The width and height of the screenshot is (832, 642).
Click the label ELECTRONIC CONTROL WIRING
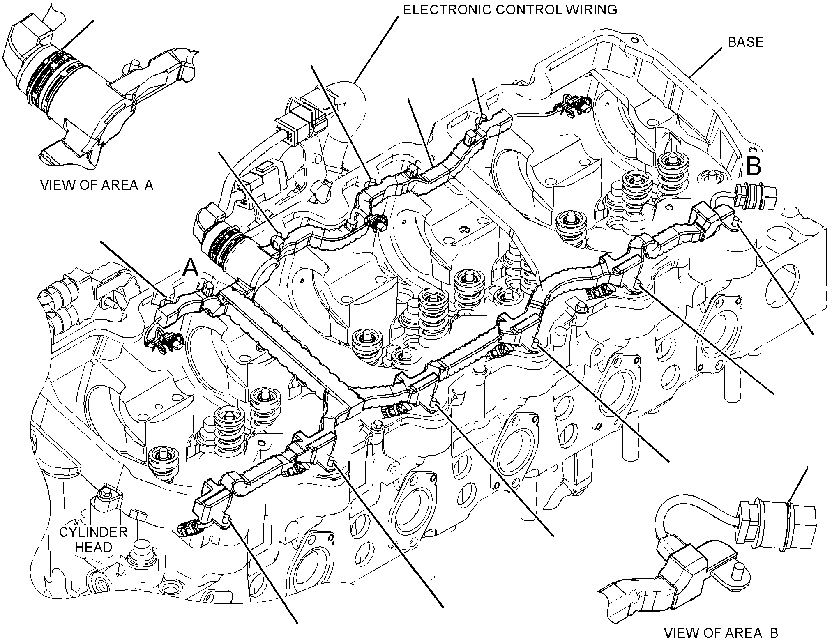pos(510,9)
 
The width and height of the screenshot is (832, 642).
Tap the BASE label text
pos(745,42)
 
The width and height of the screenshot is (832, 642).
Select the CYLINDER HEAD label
pos(93,540)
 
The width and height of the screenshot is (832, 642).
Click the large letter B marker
pos(754,167)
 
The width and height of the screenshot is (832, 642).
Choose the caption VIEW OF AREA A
pos(97,185)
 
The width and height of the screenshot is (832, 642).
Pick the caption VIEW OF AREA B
pos(721,633)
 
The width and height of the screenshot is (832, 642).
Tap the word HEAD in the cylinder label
pos(93,547)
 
